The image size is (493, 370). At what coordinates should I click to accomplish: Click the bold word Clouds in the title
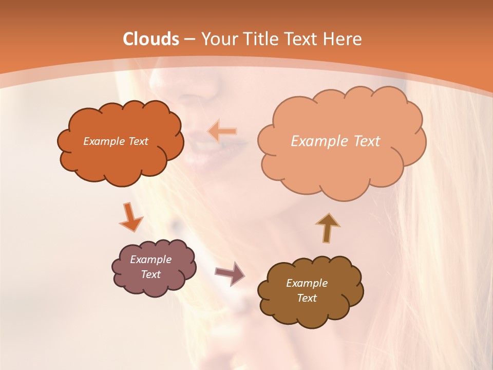(151, 39)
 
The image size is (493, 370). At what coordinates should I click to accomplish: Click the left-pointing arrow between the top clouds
(222, 131)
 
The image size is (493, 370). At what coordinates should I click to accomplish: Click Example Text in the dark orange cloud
(116, 141)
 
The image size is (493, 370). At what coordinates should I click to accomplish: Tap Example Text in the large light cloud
(335, 141)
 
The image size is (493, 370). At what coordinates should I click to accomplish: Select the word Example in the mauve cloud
(150, 260)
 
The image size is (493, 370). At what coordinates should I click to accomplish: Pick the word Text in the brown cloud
(307, 298)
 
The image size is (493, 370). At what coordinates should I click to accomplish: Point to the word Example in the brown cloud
(307, 283)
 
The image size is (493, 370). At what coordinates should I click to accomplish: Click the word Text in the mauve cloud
(150, 274)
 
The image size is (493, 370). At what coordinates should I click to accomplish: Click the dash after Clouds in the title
(189, 39)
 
